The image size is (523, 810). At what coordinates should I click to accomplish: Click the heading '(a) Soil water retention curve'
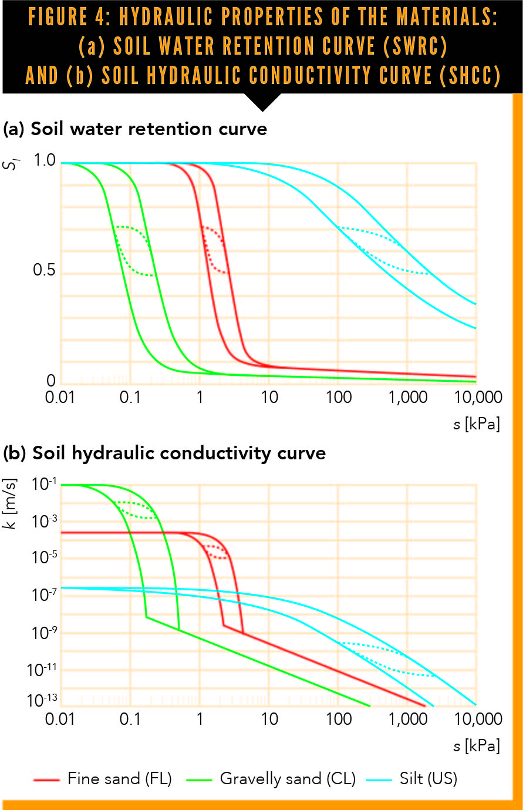click(x=135, y=129)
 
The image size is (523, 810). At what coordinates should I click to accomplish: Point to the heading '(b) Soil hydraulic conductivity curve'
click(x=164, y=453)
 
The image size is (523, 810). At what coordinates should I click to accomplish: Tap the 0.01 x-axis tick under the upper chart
click(x=60, y=398)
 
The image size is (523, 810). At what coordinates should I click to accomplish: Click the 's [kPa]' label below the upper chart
click(x=476, y=424)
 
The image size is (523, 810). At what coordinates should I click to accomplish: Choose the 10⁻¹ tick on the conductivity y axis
click(x=42, y=484)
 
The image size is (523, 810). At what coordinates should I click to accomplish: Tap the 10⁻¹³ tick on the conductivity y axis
click(x=42, y=701)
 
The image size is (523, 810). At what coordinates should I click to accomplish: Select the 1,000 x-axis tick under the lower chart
click(x=408, y=719)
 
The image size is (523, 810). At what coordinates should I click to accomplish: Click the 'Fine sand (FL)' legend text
click(x=120, y=779)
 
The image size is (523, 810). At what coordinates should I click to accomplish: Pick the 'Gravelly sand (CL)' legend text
click(x=288, y=779)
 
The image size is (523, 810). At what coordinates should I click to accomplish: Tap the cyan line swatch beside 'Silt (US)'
click(x=379, y=780)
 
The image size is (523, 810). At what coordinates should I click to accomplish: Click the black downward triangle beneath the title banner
click(x=262, y=103)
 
